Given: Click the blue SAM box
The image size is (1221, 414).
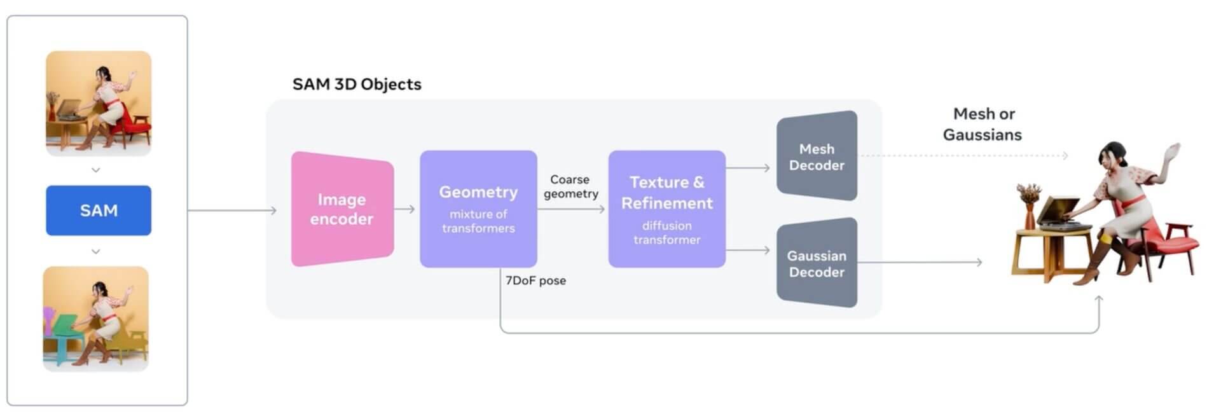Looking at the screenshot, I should pos(99,210).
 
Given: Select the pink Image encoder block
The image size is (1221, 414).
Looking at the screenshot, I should pos(342,209).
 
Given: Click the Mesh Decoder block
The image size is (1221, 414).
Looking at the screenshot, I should pos(817,156).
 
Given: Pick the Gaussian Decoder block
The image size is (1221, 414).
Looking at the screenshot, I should pos(817,263).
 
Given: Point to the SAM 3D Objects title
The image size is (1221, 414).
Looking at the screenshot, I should pos(357,85).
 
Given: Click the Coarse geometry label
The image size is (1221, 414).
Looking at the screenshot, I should pos(570,186).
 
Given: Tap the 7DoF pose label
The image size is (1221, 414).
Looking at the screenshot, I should pos(535,280).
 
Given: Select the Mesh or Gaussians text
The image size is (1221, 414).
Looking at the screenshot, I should pos(983,124).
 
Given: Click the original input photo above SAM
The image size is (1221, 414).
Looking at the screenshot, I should pos(99,104).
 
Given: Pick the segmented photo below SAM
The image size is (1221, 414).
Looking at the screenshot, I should pos(96,319).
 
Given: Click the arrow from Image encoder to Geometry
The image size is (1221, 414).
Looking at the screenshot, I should pos(404,209).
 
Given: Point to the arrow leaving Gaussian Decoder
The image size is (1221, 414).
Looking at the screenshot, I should pos(919,262).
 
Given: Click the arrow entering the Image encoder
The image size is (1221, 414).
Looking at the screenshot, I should pos(232,210).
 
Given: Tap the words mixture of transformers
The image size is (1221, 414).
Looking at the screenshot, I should pos(478,221).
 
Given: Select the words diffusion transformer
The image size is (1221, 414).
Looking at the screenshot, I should pos(666,233).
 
